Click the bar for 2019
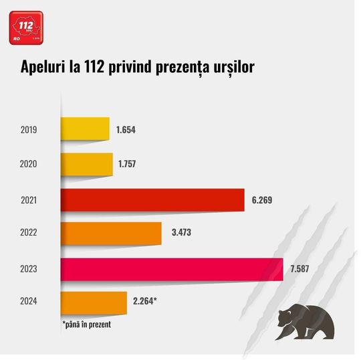[x=85, y=129]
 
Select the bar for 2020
[x=87, y=164]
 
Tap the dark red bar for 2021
[x=152, y=199]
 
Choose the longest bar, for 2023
[x=172, y=269]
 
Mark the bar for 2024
[x=94, y=301]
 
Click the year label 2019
[x=28, y=129]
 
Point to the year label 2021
[x=28, y=199]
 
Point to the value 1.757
[x=128, y=164]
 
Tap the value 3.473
[x=178, y=233]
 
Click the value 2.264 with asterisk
[x=144, y=301]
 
